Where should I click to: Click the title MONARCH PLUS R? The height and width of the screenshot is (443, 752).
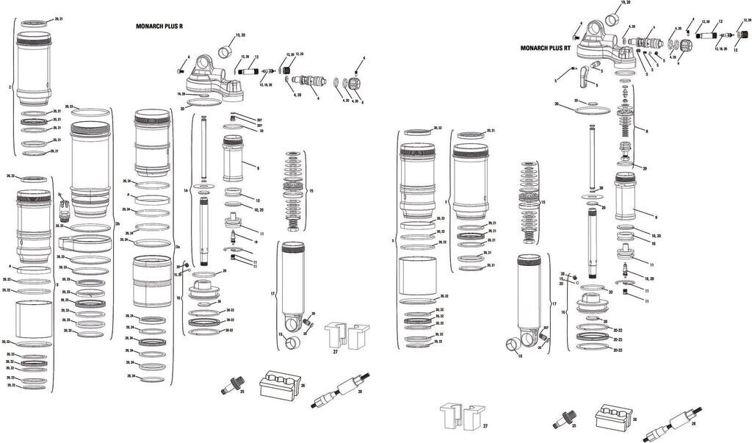coord(159,26)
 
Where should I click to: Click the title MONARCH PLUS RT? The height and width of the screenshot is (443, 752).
coord(545,48)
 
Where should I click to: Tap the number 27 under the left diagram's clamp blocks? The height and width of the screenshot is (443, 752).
coord(335,353)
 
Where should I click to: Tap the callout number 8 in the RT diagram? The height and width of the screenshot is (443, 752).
coord(646,132)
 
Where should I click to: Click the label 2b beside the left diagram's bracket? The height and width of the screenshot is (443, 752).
coord(118,223)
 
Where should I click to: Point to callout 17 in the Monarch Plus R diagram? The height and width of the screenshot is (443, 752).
coord(272,294)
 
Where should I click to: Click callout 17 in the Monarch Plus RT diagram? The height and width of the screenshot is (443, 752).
coord(554,303)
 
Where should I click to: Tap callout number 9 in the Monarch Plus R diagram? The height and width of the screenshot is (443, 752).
coord(258,168)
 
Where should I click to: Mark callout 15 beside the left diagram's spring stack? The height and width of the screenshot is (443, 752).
coord(312,190)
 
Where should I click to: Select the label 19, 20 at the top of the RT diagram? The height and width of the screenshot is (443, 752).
coord(626,4)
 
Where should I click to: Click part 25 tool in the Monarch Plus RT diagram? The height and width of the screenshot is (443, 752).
coord(568,419)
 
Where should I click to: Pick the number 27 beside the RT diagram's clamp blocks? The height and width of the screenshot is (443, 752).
coord(485,425)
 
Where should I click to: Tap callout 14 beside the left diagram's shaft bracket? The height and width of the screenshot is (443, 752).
coord(187,190)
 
